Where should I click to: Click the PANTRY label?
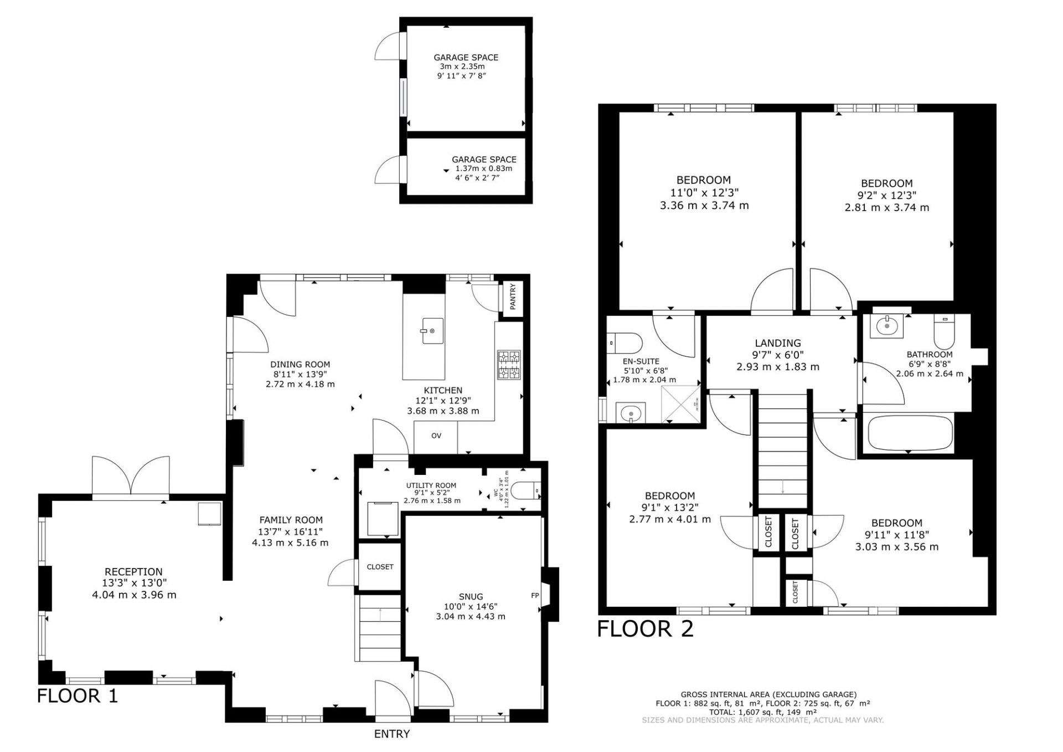tap(513, 296)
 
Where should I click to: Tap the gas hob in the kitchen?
tap(509, 365)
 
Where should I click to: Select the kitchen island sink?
tap(433, 331)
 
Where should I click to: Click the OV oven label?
tap(436, 436)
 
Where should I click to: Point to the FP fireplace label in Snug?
tap(535, 596)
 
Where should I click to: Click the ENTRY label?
tap(392, 734)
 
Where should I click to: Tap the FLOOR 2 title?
tap(645, 629)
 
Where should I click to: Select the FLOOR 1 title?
tap(78, 695)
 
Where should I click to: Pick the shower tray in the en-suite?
tap(682, 403)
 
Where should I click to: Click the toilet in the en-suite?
tap(624, 344)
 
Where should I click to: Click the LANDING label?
tap(778, 343)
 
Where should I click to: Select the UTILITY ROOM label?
tap(431, 485)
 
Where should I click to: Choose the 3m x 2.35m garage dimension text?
tap(462, 66)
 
